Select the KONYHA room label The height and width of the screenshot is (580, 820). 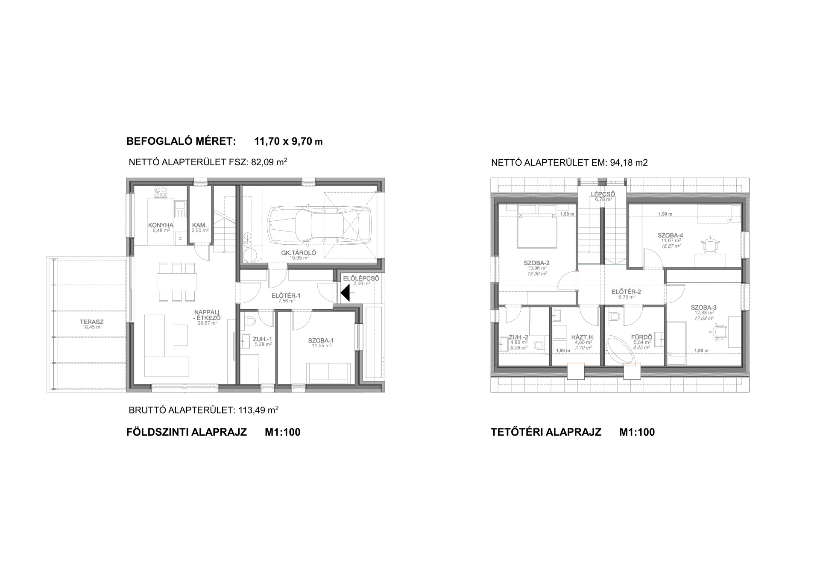point(161,225)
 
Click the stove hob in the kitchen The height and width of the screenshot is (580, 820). point(161,192)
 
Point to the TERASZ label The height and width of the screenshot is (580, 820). point(91,322)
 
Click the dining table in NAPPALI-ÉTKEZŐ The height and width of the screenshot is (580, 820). point(177,282)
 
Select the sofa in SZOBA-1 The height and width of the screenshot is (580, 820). point(328,373)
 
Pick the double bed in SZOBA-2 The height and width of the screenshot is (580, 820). point(537,227)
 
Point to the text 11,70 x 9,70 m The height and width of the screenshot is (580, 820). point(288,141)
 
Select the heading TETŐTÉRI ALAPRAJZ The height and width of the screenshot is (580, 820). point(546,432)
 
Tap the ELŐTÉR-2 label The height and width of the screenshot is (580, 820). point(626,292)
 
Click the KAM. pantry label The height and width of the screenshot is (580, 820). point(199,225)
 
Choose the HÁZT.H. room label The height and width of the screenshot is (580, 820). point(583,337)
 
